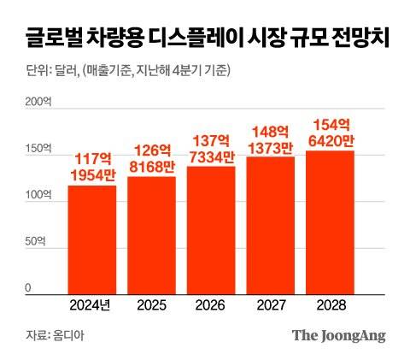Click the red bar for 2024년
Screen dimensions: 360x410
click(x=92, y=239)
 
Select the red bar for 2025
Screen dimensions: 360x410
click(x=151, y=235)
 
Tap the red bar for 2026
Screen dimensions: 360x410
click(x=211, y=230)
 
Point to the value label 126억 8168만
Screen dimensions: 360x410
click(x=151, y=158)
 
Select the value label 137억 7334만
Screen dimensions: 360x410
click(x=211, y=148)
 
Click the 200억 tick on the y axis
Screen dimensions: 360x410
click(x=38, y=103)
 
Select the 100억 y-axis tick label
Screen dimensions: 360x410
click(x=38, y=197)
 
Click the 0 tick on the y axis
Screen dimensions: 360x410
click(x=28, y=290)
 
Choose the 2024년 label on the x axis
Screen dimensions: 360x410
click(x=92, y=305)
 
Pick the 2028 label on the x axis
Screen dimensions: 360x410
click(x=330, y=305)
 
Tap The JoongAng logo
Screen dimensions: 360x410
click(x=339, y=335)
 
